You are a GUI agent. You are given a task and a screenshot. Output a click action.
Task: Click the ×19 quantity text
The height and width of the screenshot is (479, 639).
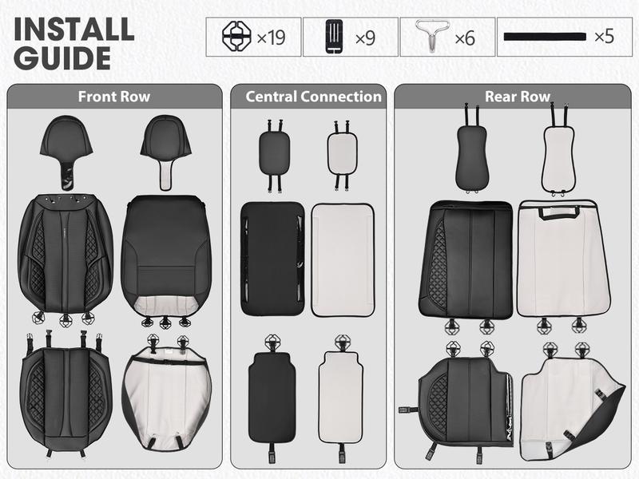coord(271,38)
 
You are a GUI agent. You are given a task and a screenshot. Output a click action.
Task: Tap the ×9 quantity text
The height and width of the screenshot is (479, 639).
coord(364,38)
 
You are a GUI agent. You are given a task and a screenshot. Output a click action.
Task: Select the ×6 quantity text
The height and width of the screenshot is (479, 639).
coord(465,38)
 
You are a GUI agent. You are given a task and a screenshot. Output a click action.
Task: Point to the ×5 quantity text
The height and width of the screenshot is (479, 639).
coord(604,38)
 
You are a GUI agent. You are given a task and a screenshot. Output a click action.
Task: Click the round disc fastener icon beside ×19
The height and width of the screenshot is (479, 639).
coord(236,37)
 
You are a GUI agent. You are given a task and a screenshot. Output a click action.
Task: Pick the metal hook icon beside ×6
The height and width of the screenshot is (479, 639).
coord(432,37)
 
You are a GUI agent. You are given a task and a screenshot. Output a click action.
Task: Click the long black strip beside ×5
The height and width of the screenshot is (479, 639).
coord(547,38)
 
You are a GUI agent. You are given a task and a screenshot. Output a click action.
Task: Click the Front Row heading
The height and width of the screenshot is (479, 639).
coord(113,97)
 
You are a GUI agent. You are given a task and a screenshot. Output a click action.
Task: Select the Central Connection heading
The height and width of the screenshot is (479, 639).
coord(313,97)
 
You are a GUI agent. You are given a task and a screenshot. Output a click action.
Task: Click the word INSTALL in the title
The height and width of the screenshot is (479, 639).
coord(73,30)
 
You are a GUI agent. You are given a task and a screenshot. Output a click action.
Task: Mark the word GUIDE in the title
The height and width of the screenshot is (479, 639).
coord(62,58)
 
